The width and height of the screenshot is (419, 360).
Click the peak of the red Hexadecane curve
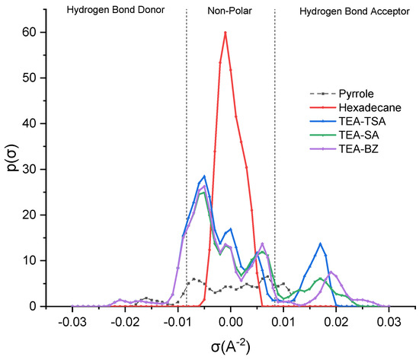225,32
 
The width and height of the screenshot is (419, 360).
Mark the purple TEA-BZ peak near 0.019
331,272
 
